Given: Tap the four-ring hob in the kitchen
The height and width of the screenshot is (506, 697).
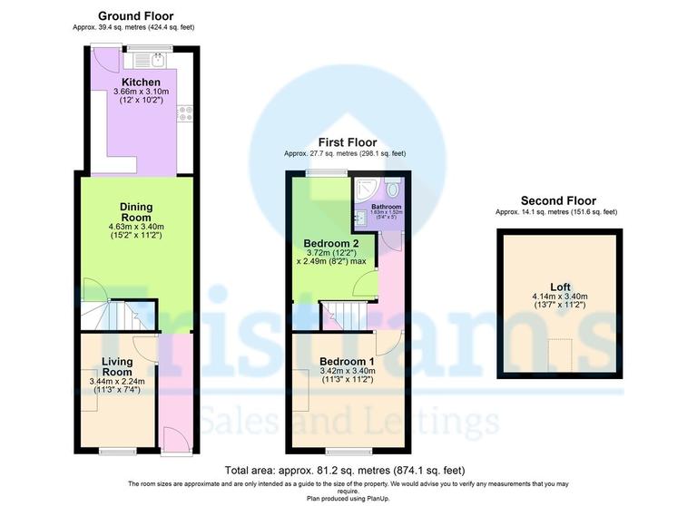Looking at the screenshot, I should point(186,113).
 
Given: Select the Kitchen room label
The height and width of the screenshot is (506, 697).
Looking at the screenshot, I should point(135,83).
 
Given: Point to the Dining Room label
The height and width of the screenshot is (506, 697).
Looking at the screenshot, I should point(134,210).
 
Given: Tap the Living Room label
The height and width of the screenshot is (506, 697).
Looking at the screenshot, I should point(116,366).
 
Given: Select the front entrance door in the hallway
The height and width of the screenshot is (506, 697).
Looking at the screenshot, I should point(174,440).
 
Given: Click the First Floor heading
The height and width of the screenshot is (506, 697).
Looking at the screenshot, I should point(345,142).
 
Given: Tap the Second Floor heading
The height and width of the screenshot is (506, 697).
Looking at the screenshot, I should point(557,200).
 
